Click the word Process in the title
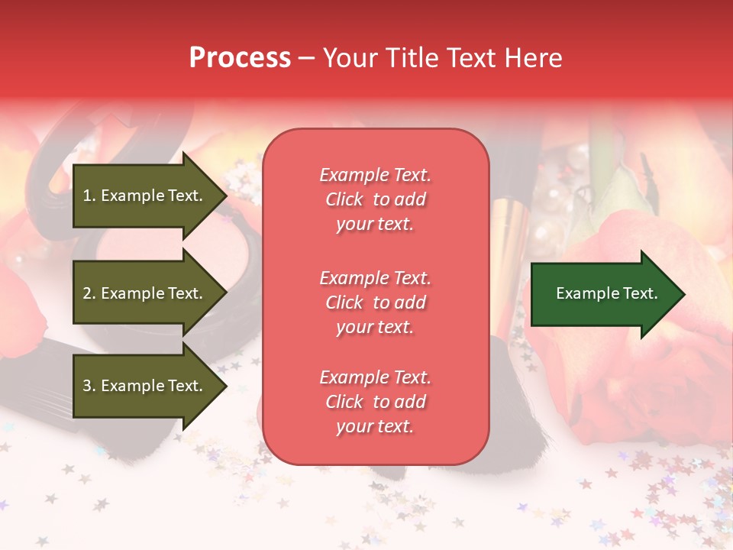[x=240, y=57]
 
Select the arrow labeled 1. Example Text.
[x=145, y=196]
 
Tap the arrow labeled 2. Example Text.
[x=145, y=293]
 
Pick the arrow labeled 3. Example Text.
[x=145, y=386]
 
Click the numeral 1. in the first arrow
[x=89, y=196]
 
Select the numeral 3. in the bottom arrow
[x=89, y=386]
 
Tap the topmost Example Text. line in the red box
[x=375, y=175]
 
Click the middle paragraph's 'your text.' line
[x=375, y=327]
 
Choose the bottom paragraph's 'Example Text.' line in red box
[x=375, y=377]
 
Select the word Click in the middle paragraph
[x=344, y=302]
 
